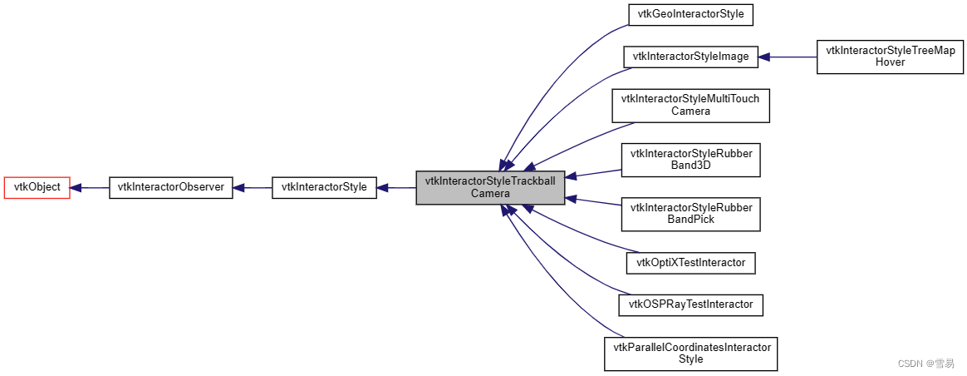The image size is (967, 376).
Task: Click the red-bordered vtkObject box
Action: (x=37, y=187)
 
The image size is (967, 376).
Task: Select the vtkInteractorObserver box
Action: (x=170, y=187)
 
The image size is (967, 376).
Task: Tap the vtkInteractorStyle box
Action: (x=324, y=187)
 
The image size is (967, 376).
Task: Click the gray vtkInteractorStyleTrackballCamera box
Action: (x=490, y=187)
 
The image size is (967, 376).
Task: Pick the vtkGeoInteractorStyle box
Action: (x=690, y=15)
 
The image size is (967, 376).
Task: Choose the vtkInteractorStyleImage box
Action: (x=690, y=57)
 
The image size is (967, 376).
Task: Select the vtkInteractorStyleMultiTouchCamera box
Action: (x=690, y=105)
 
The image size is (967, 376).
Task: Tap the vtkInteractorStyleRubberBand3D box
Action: (x=690, y=159)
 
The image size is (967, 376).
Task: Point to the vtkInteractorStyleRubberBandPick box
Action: (x=690, y=214)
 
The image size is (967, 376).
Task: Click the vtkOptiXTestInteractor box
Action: (x=690, y=263)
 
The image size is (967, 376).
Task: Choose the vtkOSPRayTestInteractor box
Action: (x=690, y=304)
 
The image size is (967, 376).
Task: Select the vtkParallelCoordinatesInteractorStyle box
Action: (x=690, y=354)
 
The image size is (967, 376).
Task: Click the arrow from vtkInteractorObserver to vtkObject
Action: (x=90, y=187)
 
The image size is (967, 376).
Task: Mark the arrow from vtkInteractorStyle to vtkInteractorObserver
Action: (x=252, y=187)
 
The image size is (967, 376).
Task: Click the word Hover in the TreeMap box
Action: (x=890, y=62)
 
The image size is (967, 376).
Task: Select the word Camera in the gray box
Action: (x=490, y=194)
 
